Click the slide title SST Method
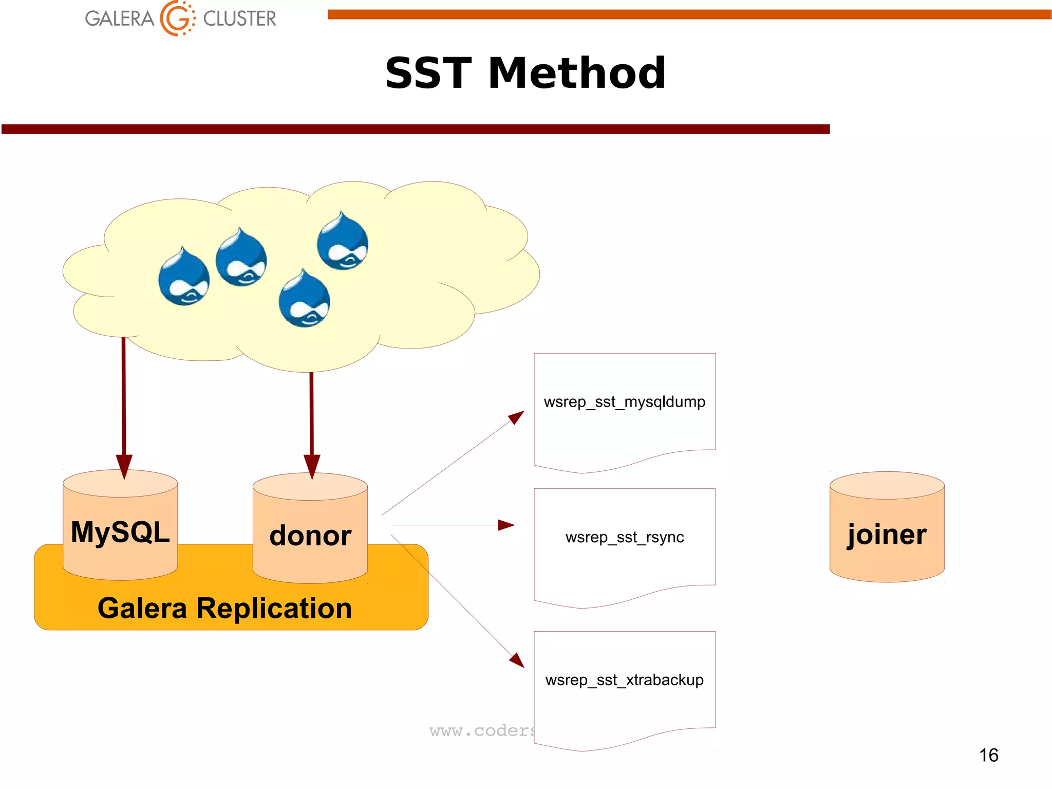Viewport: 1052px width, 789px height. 525,73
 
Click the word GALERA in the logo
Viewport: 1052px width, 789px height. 119,19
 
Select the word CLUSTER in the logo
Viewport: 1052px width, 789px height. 239,19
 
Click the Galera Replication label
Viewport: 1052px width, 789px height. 224,608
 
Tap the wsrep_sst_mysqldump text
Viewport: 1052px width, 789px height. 624,401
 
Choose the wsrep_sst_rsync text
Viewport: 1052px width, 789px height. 624,537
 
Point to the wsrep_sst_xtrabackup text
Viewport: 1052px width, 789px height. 624,680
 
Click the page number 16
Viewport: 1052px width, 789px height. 988,755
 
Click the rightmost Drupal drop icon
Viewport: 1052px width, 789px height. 342,242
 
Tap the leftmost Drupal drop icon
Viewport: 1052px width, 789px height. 184,278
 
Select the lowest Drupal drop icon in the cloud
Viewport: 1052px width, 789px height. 304,299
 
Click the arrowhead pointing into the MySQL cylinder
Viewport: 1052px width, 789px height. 124,466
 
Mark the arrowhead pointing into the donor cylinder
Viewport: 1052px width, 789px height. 312,466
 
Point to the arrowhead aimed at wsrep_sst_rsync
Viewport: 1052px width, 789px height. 506,525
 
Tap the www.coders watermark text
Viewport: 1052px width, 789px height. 481,730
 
